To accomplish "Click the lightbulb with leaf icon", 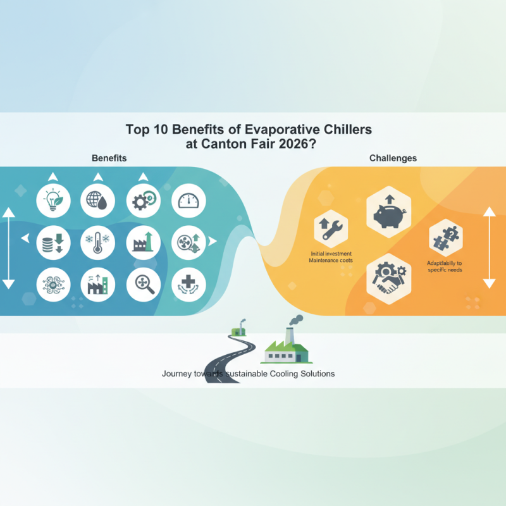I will coord(52,201).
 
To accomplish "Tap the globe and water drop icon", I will coord(97,201).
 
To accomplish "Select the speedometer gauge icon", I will coord(188,201).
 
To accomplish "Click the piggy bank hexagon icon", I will coord(389,213).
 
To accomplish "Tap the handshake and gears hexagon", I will coord(389,274).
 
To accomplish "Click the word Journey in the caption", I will coord(178,374).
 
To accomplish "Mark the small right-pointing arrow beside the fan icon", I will coord(213,241).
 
